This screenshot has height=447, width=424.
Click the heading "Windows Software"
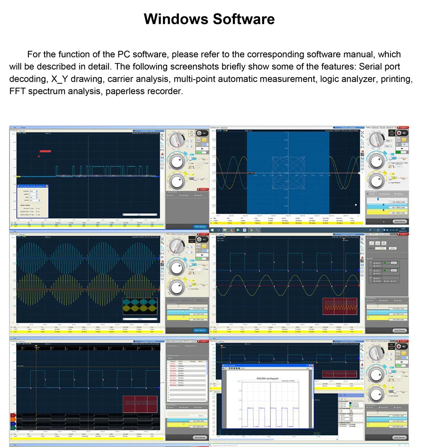tap(209, 19)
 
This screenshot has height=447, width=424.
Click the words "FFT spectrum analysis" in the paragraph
tap(49, 91)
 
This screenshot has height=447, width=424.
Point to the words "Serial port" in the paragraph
tap(379, 67)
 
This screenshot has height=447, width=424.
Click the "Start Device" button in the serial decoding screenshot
tap(199, 227)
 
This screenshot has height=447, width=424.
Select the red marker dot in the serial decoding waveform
tap(39, 156)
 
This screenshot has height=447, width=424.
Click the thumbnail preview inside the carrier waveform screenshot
tap(139, 306)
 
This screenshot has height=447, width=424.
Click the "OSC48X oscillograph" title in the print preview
tap(268, 378)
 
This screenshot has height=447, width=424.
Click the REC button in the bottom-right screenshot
tap(404, 346)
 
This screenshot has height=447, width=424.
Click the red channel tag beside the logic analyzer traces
tap(13, 415)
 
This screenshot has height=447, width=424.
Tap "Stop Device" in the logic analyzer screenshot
tap(199, 437)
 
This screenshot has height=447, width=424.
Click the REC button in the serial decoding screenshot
tap(204, 133)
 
